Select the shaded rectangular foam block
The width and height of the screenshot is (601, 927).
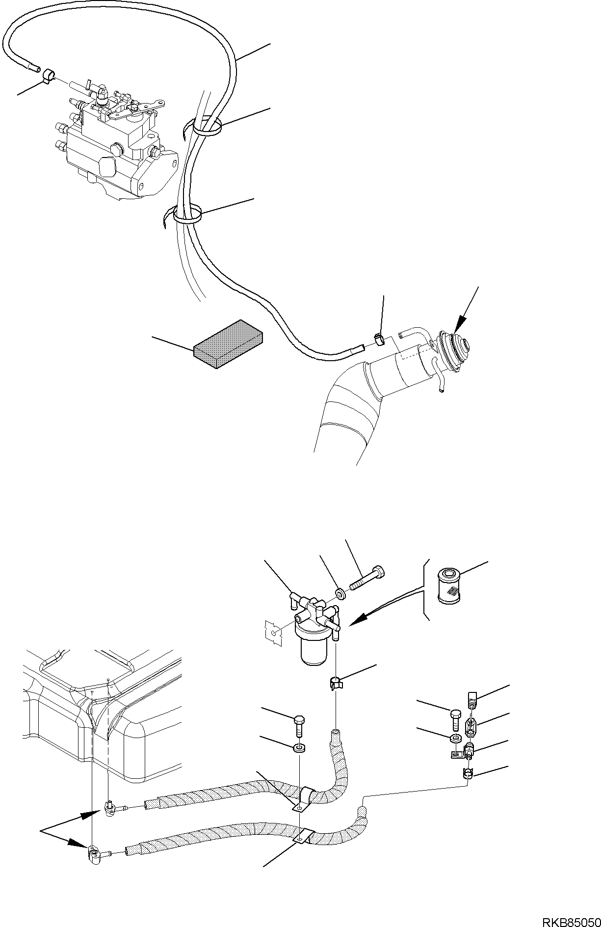(229, 344)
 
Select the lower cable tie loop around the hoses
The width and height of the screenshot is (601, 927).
(188, 214)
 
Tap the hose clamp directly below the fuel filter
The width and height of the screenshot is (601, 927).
(335, 683)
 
